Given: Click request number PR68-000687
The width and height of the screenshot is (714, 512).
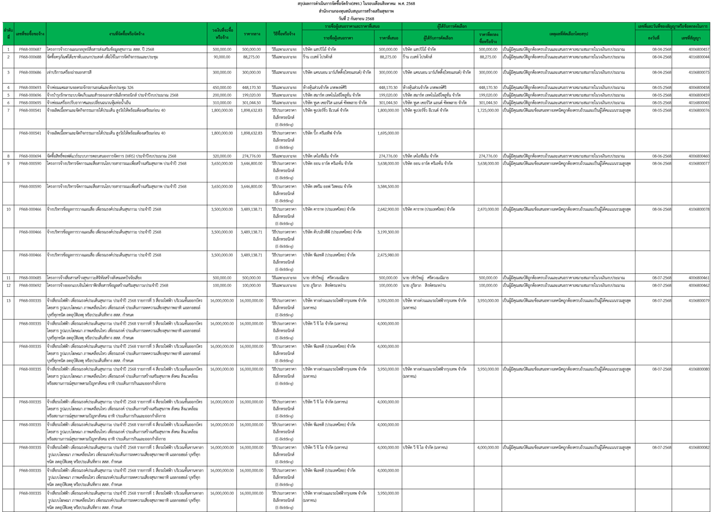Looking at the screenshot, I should pos(30,49).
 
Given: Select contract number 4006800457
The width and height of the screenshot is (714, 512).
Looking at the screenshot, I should pos(699,49).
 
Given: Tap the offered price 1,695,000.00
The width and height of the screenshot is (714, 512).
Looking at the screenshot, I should pos(388,133).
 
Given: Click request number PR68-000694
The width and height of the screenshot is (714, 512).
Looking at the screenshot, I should pos(30,156).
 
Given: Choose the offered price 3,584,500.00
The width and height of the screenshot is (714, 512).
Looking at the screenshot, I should pos(388,187).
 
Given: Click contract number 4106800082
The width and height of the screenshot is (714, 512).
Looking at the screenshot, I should pos(699,448).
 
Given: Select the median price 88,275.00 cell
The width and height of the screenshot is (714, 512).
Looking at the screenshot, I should pos(251,57).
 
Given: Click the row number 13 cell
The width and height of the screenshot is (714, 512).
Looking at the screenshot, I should pos(8,301).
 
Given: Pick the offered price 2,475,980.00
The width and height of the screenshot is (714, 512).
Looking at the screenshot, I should pos(388,255).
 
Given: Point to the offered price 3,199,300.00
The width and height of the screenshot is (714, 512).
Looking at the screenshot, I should pos(388,232).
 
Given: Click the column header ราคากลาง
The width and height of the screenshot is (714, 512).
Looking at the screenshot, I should pos(252,34).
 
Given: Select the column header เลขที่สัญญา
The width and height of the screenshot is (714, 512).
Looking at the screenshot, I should pos(691,38).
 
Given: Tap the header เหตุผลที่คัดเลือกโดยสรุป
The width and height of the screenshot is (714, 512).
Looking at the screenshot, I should pos(568,34).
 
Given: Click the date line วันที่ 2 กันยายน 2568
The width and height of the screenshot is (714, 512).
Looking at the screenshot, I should pos(356,19).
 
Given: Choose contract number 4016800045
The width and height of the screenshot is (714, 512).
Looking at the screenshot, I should pos(699,103).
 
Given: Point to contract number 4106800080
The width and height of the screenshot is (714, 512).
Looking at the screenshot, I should pos(699,369).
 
